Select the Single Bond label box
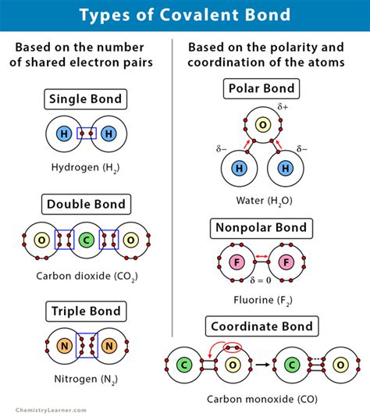[85, 99]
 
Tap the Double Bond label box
[85, 205]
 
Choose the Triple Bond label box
[85, 310]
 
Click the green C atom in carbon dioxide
[86, 240]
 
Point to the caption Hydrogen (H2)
[85, 166]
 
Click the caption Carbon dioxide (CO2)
[85, 276]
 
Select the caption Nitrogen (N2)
[85, 380]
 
